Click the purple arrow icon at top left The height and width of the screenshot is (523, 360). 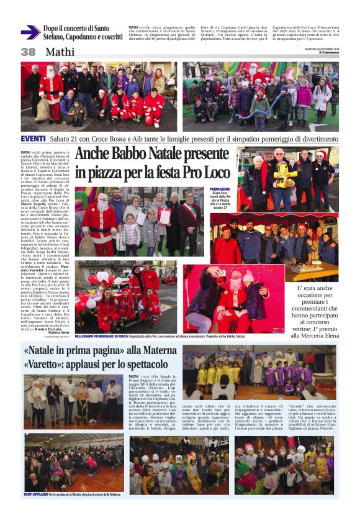click(30, 33)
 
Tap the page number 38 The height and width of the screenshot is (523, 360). click(29, 52)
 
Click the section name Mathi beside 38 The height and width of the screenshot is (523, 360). click(60, 52)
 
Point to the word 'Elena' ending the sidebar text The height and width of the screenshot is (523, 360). click(328, 335)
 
